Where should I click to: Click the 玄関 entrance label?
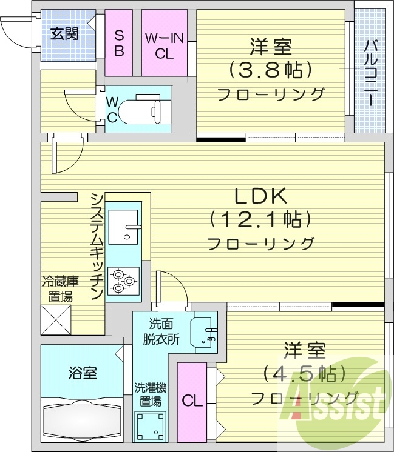pos(63,33)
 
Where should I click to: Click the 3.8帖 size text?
pos(270,69)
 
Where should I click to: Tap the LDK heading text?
pos(260,196)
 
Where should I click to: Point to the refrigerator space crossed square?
pos(56,319)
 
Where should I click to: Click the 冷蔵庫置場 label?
pos(57,289)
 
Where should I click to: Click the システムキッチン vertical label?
pos(97,245)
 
